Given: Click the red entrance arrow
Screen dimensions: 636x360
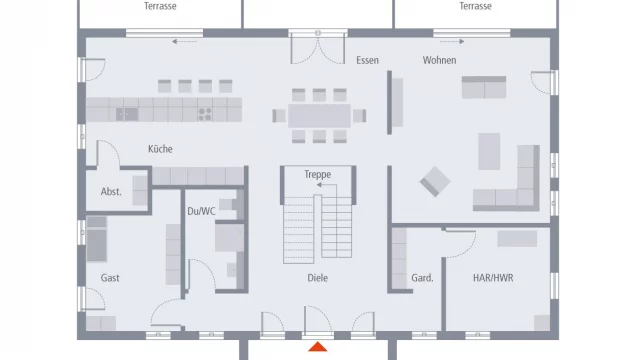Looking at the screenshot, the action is (318, 347).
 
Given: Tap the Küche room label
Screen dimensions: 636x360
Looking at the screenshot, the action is (160, 149).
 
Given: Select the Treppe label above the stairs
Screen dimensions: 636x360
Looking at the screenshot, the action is (318, 174).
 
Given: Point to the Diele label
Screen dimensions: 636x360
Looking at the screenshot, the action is (317, 278).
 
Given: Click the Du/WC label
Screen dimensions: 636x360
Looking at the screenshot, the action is (201, 211).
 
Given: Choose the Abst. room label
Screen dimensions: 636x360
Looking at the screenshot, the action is (111, 191).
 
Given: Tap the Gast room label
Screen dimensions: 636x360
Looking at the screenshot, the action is (110, 278).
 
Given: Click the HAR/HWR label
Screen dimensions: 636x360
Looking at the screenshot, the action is (493, 278).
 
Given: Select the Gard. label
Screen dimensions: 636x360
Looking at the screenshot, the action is (422, 278).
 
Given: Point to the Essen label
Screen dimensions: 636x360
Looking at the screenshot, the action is (367, 60).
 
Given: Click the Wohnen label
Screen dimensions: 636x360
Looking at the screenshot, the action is (439, 60).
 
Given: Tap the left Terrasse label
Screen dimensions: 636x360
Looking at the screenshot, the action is (160, 6).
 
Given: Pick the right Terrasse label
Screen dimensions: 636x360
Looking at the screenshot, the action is (475, 6).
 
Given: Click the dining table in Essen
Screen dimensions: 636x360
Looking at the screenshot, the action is (319, 116).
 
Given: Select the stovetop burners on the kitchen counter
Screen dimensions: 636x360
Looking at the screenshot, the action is (205, 114).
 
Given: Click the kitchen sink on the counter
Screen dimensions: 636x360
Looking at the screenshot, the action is (127, 114).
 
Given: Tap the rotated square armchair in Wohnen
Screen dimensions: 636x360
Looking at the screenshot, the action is (435, 182).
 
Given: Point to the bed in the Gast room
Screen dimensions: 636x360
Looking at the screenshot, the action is (97, 239).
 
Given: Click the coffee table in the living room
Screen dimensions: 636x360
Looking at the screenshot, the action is (489, 151).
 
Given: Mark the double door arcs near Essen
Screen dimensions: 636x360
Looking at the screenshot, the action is (318, 50).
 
